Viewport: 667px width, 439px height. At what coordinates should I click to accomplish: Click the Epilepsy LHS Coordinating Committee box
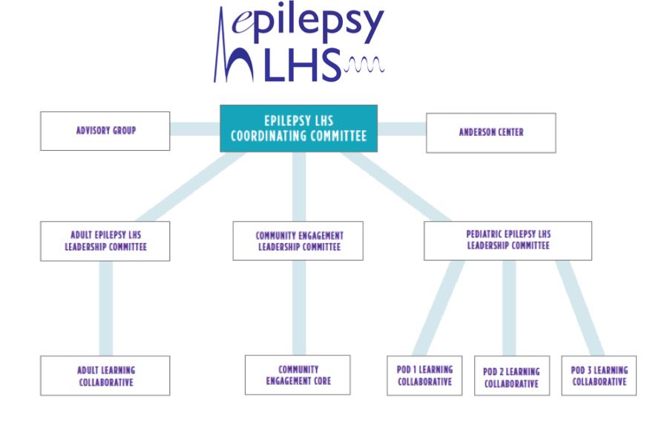(298, 129)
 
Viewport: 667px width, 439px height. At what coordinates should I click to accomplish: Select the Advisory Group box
(105, 131)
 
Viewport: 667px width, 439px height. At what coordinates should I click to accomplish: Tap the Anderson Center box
(490, 132)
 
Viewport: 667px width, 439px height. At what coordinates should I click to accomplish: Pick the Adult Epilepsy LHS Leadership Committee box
(105, 241)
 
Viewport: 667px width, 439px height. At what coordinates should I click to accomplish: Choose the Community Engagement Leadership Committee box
(298, 241)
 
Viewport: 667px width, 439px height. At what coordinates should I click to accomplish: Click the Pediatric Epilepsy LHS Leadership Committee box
(508, 240)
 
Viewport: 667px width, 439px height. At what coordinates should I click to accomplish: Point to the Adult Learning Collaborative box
(105, 375)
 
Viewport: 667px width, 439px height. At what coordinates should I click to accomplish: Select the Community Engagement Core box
(298, 374)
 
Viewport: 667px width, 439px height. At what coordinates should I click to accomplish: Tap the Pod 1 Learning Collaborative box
(424, 375)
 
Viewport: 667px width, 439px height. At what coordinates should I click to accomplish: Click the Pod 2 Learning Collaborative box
(512, 376)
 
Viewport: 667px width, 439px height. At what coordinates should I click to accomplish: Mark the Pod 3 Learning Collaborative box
(599, 375)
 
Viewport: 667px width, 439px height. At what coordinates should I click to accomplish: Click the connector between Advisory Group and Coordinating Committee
(195, 129)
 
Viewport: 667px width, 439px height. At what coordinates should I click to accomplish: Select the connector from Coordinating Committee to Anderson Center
(401, 129)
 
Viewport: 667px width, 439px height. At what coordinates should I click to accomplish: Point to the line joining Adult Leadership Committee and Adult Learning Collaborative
(106, 308)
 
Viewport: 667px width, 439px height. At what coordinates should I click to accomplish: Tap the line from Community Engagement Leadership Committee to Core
(298, 308)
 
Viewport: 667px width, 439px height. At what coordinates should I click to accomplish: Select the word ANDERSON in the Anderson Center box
(478, 132)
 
